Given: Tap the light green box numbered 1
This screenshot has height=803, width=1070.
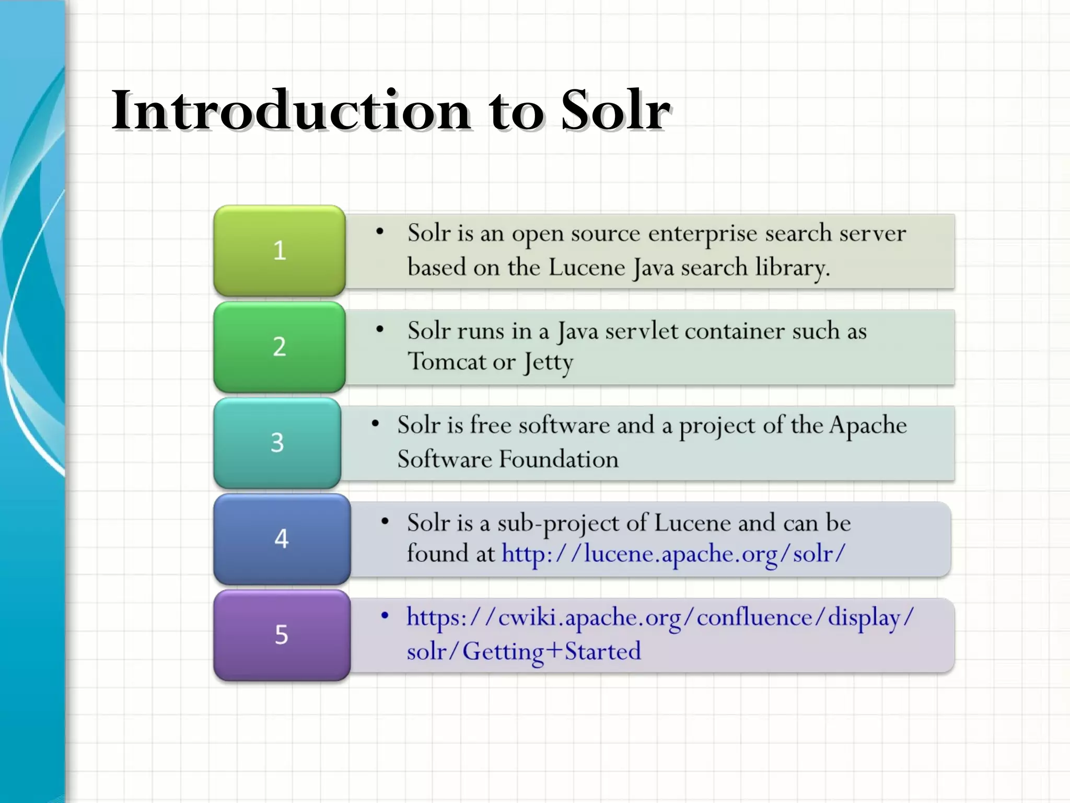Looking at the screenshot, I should (280, 250).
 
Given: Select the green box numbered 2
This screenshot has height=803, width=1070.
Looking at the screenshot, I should (280, 347).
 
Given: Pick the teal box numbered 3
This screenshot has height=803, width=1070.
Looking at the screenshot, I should (277, 443).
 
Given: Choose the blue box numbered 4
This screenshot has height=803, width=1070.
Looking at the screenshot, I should (282, 539).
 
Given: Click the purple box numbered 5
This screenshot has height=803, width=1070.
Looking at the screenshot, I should (282, 635).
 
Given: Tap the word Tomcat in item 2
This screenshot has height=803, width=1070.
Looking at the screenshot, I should (447, 362).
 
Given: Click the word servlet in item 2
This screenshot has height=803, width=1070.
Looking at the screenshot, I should (641, 331).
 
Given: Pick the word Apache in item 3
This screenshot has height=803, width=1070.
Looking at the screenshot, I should (868, 426).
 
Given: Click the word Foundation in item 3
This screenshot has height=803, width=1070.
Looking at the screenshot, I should (559, 460).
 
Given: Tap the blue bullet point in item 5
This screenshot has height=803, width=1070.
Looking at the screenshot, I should (385, 616).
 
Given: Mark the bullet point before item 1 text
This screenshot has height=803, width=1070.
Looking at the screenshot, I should (380, 232).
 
